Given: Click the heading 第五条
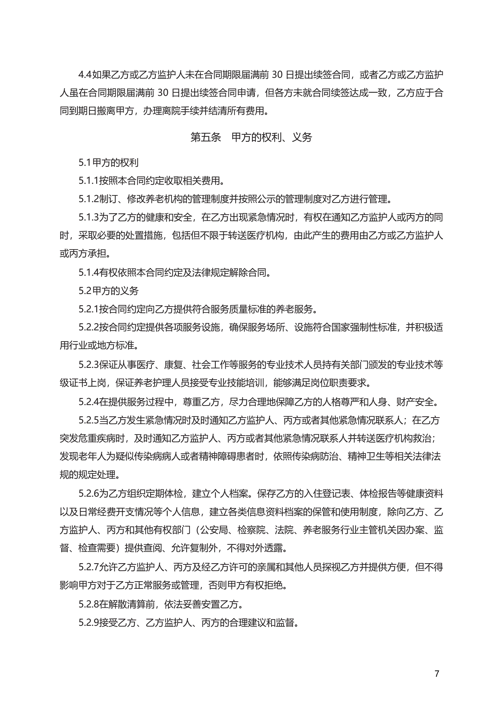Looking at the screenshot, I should pyautogui.click(x=206, y=137).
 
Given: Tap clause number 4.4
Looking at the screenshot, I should pyautogui.click(x=85, y=75).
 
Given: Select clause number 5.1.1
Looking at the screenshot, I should pyautogui.click(x=88, y=180).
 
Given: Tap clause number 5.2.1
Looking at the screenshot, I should pyautogui.click(x=88, y=309).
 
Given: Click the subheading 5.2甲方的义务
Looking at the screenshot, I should pyautogui.click(x=108, y=291).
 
